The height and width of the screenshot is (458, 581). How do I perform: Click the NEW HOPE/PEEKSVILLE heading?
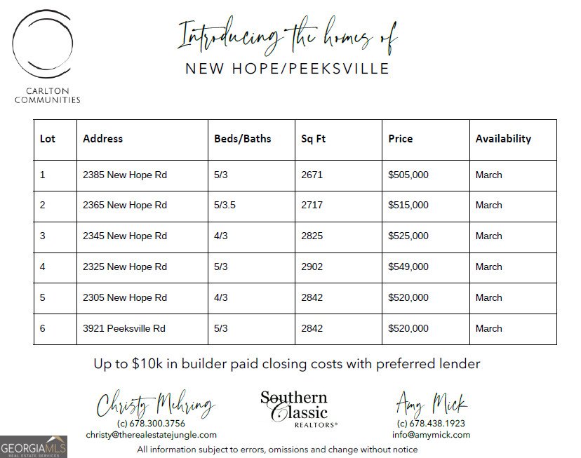(x=286, y=68)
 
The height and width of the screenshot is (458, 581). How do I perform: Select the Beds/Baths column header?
(x=242, y=139)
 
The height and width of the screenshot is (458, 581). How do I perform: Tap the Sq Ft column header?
(x=313, y=139)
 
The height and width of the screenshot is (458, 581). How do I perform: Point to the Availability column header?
(x=503, y=139)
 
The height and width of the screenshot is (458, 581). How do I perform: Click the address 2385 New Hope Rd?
(x=125, y=175)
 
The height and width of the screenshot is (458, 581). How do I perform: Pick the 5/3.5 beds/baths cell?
(x=227, y=206)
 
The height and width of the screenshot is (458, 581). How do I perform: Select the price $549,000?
(x=408, y=267)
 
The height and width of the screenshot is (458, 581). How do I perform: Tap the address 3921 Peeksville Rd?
(x=125, y=328)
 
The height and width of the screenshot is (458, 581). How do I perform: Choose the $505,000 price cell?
(x=408, y=175)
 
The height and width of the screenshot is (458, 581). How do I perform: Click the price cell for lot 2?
(x=408, y=206)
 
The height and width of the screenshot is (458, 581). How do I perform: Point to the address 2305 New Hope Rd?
(x=125, y=297)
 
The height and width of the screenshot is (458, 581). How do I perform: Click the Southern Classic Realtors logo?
(x=294, y=409)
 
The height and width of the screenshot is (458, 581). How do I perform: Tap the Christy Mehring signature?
(x=155, y=405)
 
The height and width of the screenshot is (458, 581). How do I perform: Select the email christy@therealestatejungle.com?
(x=152, y=435)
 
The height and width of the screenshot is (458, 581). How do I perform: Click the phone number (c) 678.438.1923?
(x=431, y=424)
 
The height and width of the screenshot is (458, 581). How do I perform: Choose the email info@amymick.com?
(x=431, y=435)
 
